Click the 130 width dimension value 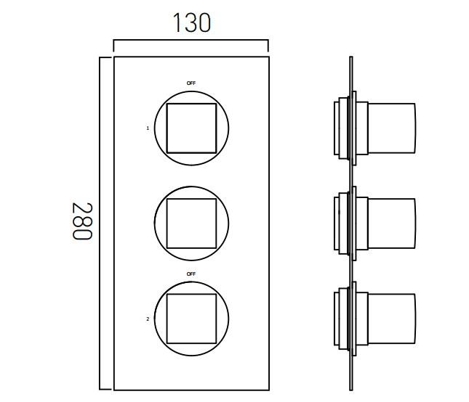[191, 23]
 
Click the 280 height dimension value [81, 222]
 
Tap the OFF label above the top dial [191, 83]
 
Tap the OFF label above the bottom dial [191, 274]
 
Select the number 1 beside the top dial [148, 128]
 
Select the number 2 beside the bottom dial [148, 319]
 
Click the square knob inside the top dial [191, 128]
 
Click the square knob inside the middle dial [191, 223]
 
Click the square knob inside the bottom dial [191, 319]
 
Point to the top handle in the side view [390, 128]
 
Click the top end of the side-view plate [351, 59]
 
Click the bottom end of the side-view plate [351, 387]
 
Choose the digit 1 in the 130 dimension [176, 23]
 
